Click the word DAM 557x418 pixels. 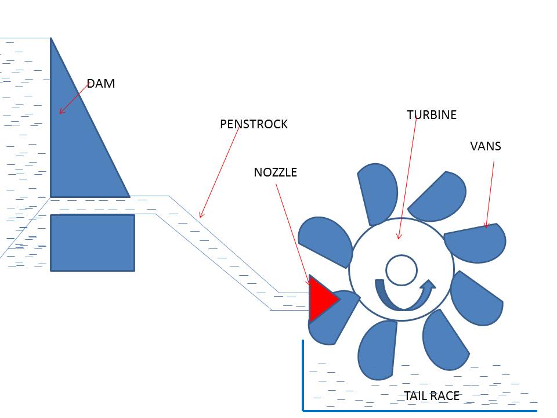[101, 84]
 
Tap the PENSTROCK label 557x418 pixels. [254, 124]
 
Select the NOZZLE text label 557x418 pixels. [275, 172]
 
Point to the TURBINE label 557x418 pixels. [432, 115]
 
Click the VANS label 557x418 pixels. [485, 146]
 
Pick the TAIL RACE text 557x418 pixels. [432, 396]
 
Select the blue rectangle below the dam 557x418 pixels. [92, 243]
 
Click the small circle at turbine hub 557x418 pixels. [402, 271]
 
